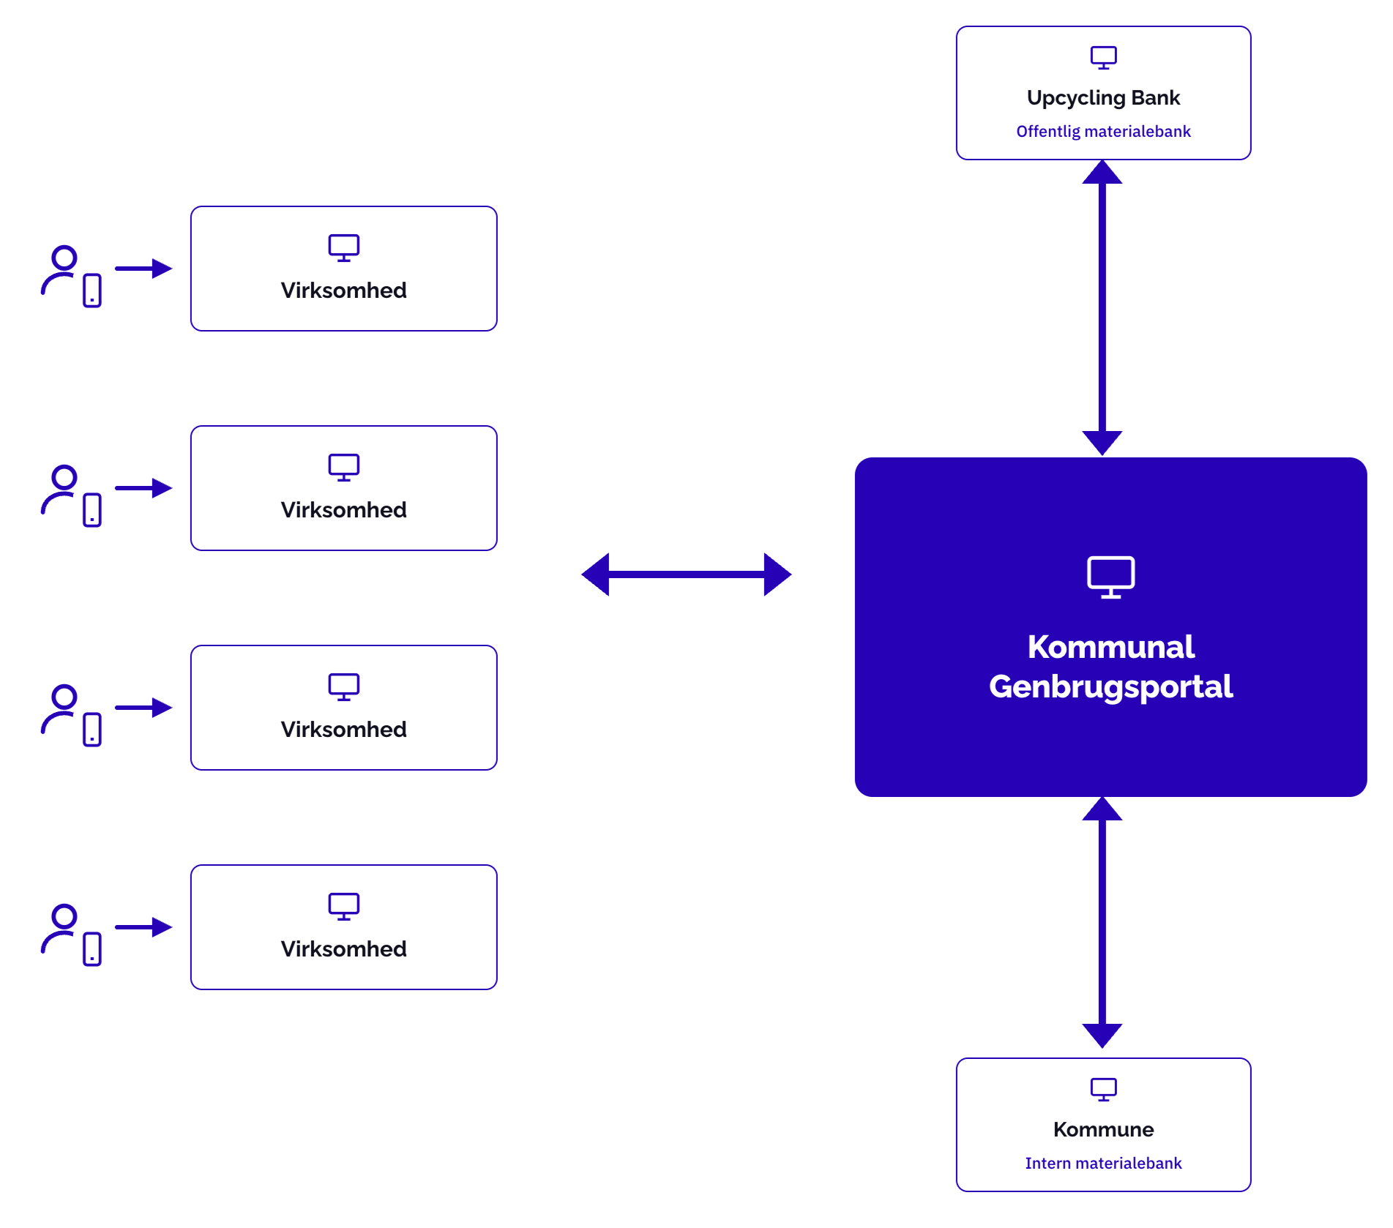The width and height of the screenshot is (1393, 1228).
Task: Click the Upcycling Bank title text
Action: click(1103, 98)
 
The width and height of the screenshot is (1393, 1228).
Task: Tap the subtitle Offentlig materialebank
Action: click(1103, 132)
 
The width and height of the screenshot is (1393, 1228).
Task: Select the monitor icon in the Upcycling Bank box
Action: click(1103, 58)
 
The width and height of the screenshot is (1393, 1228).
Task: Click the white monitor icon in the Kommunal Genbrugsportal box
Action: click(1110, 577)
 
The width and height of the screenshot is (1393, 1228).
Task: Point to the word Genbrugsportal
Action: click(1110, 687)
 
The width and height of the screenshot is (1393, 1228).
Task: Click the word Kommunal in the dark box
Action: click(1110, 647)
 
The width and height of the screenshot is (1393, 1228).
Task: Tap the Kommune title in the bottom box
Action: click(1103, 1129)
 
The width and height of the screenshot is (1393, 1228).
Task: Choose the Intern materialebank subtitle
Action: click(1103, 1163)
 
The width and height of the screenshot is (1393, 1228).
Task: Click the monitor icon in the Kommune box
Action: click(1103, 1090)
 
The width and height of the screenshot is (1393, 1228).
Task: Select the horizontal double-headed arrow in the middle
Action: click(686, 574)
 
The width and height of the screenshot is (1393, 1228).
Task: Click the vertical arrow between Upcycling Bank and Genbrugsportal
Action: click(1102, 307)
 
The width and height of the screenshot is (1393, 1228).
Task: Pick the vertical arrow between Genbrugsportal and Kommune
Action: click(1102, 922)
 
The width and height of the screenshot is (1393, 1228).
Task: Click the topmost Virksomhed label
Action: click(343, 291)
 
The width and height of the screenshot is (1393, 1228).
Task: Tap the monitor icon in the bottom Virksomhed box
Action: click(343, 907)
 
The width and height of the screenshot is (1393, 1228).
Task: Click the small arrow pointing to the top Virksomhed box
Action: click(143, 269)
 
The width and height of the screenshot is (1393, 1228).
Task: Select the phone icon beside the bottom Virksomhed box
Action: click(92, 949)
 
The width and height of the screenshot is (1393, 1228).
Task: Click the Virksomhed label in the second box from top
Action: click(343, 510)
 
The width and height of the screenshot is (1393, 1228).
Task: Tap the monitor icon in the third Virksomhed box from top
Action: click(343, 687)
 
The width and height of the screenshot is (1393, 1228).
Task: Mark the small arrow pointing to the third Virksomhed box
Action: click(143, 708)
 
